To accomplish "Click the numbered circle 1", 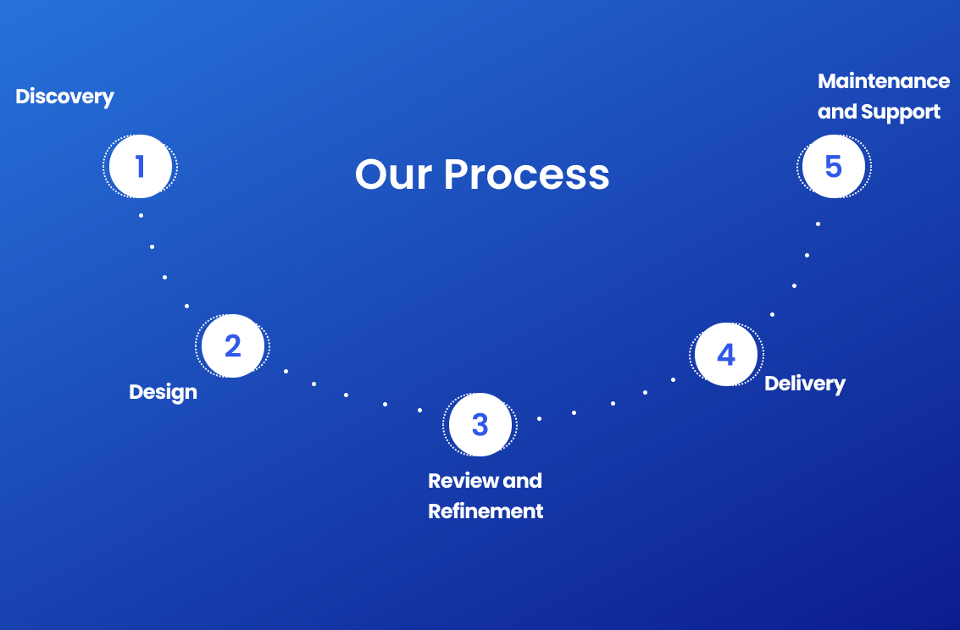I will coord(140,166).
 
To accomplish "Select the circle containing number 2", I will coord(232,345).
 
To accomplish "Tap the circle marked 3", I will coord(480,424).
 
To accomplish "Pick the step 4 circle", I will coord(726,354).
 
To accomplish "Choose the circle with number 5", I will coord(833,167).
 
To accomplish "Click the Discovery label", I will coord(64,97).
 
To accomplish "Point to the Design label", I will coord(163,392).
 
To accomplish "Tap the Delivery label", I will coord(804,384).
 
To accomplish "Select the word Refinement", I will coord(486,511).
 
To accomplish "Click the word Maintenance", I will coord(884,81).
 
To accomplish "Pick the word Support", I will coord(901,112).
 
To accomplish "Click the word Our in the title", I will coord(393,174).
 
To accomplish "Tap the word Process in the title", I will coord(526,174).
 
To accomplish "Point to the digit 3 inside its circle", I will coord(480,424).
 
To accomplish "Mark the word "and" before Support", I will coord(837,112).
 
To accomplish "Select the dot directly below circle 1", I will coord(141,215).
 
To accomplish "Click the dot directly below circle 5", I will coord(818,224).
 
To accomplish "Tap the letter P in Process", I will coord(458,174).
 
